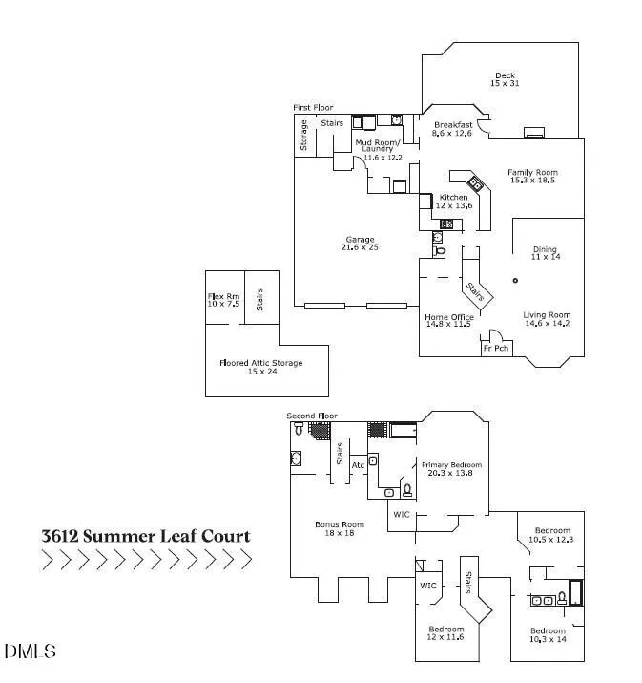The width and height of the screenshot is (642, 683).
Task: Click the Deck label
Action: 504,80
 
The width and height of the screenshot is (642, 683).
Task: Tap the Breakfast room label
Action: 453,129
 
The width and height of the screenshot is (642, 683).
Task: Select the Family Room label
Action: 531,176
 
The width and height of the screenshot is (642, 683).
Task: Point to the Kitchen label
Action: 453,202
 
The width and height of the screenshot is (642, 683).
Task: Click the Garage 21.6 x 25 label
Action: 359,244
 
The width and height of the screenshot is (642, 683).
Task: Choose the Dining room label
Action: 545,253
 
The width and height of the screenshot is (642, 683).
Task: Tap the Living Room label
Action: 547,319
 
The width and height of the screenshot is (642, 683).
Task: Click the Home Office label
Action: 449,321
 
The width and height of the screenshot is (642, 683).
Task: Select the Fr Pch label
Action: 494,349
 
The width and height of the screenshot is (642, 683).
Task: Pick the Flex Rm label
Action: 224,300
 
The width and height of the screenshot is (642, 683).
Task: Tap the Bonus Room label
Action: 341,528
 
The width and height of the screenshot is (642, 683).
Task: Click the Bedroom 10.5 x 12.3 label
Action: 552,535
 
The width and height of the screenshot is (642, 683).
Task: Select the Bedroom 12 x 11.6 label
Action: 446,633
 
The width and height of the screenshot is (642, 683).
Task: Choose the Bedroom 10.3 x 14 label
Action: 548,635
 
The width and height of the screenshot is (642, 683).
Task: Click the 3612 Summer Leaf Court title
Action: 146,536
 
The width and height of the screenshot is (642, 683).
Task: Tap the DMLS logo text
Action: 30,652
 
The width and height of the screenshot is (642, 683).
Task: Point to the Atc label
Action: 359,465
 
